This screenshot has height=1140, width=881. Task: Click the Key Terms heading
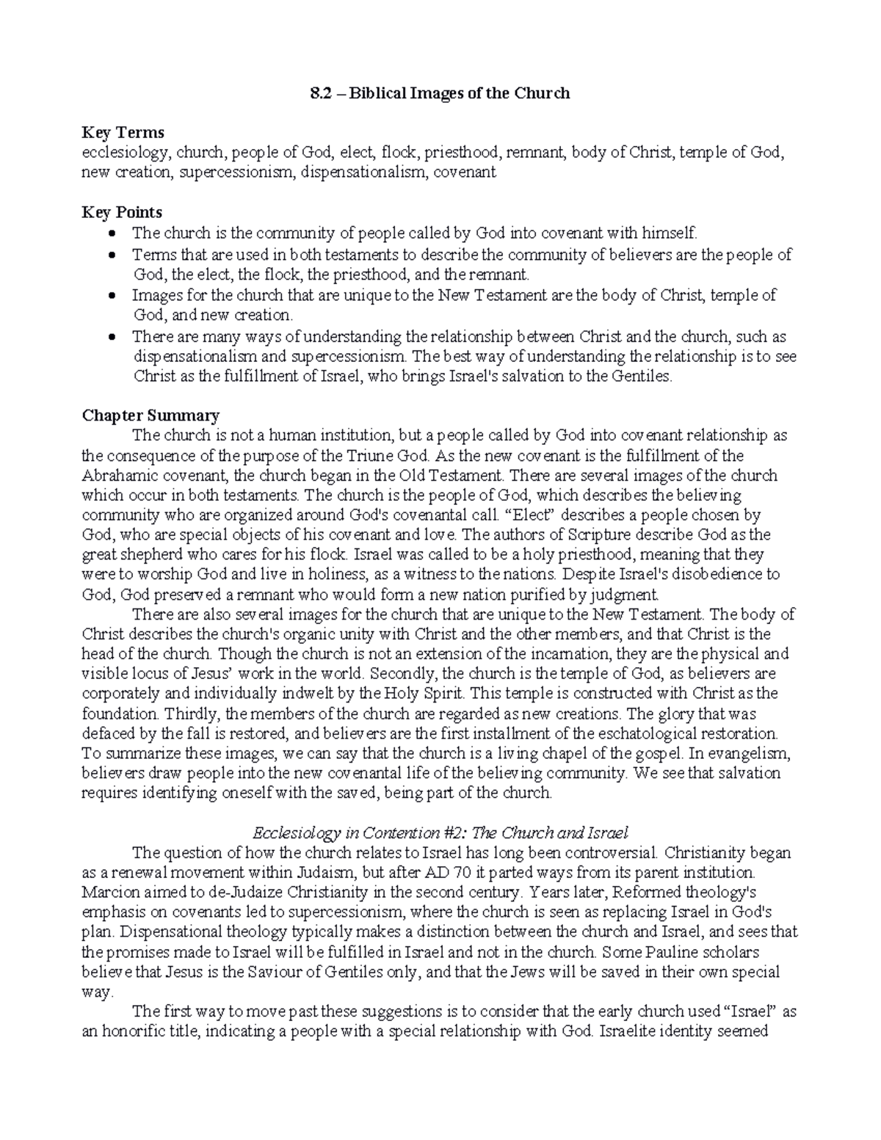[123, 133]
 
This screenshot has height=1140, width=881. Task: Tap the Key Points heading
[122, 212]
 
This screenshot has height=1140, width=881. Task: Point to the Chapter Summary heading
[150, 415]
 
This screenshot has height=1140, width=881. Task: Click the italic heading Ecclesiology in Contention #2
[440, 833]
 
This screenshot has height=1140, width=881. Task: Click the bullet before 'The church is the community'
[112, 234]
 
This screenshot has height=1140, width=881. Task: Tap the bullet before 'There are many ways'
[112, 338]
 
